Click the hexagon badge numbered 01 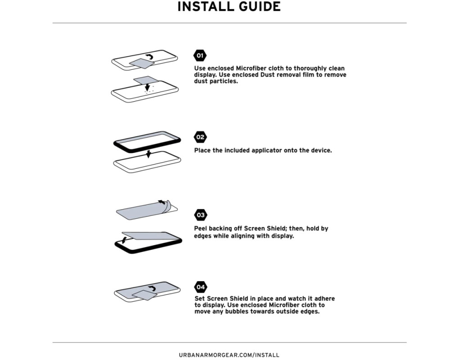click(x=200, y=55)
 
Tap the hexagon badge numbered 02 click(x=200, y=137)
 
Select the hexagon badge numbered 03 click(x=200, y=215)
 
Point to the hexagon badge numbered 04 click(x=200, y=287)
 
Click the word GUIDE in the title click(x=258, y=6)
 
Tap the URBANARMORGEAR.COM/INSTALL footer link click(x=229, y=355)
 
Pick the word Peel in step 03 click(x=200, y=228)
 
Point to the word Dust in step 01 click(x=267, y=75)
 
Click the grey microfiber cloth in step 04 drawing click(x=144, y=295)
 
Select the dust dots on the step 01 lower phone click(x=148, y=92)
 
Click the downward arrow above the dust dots click(x=147, y=86)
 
